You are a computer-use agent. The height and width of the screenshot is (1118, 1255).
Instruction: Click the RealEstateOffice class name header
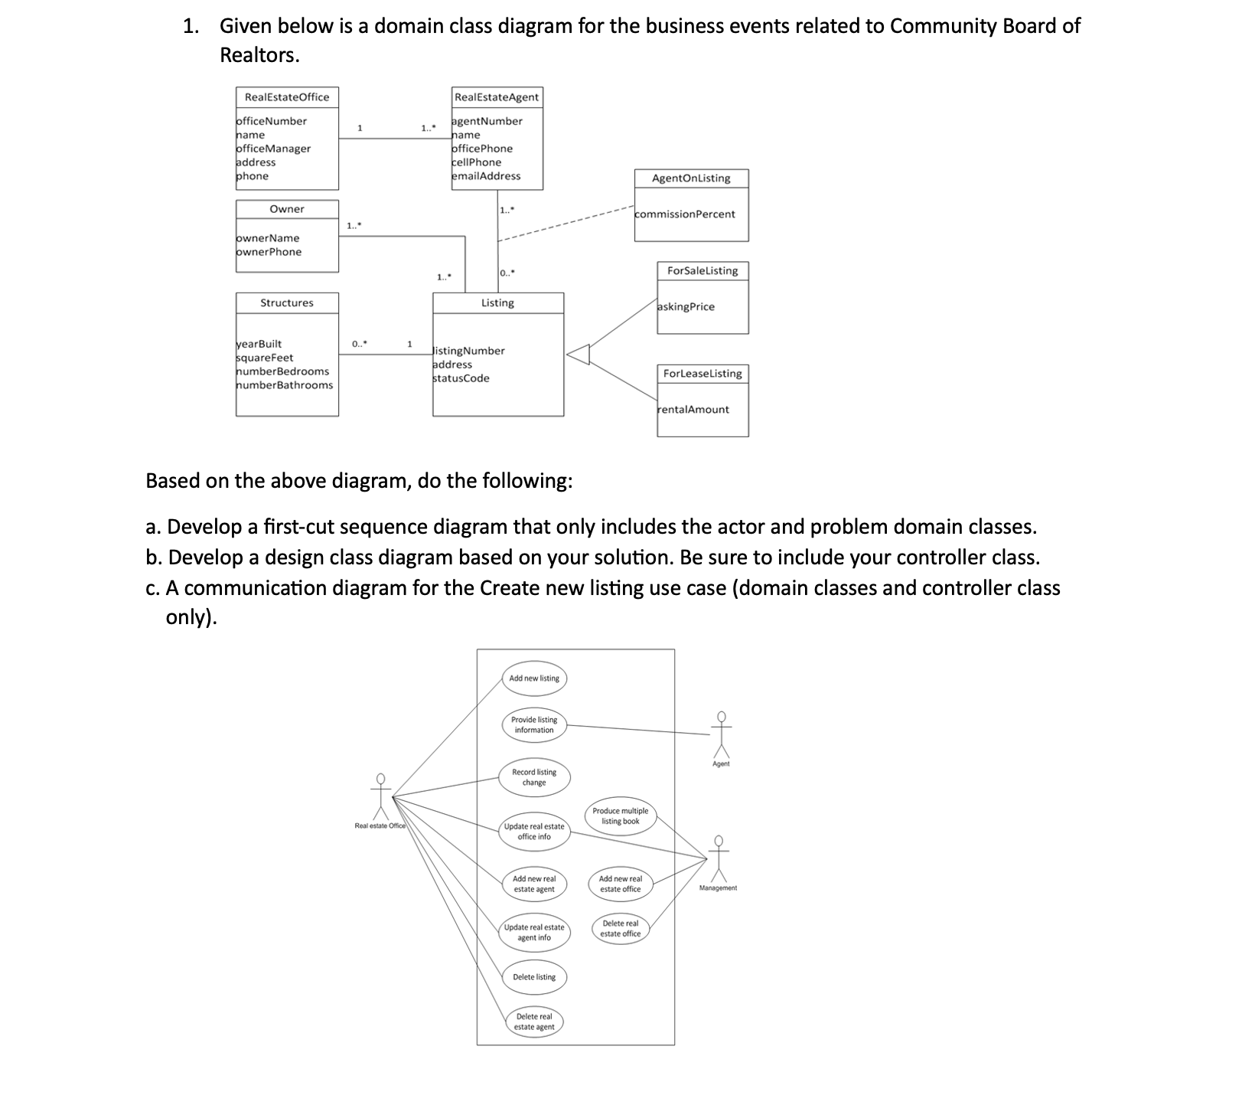[x=287, y=97]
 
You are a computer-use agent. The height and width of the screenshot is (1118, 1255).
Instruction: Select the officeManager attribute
[x=274, y=149]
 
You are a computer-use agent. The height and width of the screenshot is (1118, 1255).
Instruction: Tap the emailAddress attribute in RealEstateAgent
[x=487, y=176]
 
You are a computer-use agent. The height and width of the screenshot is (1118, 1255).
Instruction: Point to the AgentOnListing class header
[x=691, y=178]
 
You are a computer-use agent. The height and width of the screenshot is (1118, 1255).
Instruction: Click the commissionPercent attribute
[x=686, y=214]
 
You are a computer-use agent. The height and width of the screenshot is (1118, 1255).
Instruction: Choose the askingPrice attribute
[x=686, y=307]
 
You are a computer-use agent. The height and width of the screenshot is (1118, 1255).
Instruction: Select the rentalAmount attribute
[x=693, y=410]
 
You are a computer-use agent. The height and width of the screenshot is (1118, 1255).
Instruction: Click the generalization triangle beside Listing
[x=580, y=355]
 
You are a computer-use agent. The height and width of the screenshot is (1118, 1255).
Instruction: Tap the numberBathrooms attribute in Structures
[x=285, y=385]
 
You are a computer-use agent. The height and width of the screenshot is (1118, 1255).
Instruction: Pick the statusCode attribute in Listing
[x=461, y=378]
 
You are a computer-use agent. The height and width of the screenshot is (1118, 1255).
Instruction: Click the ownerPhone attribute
[x=269, y=252]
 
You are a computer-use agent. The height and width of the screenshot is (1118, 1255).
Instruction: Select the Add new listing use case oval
[x=534, y=678]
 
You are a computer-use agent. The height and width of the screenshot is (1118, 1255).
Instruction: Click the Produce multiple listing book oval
[x=620, y=816]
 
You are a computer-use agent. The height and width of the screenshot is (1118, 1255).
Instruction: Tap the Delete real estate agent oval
[x=534, y=1022]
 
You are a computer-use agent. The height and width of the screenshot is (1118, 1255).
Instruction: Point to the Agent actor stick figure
[x=721, y=734]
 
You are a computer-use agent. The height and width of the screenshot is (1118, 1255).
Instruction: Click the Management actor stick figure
[x=719, y=858]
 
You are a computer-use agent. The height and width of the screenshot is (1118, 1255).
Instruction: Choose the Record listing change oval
[x=534, y=777]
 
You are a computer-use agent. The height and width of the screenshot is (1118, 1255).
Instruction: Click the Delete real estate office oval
[x=620, y=929]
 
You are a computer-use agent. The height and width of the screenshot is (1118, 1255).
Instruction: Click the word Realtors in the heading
[x=258, y=55]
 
